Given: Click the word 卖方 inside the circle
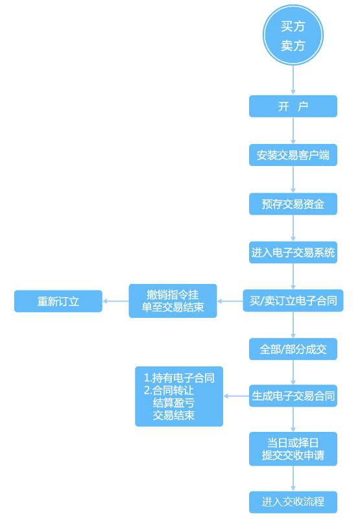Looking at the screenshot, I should pyautogui.click(x=293, y=46).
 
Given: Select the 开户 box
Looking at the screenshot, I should pyautogui.click(x=293, y=106).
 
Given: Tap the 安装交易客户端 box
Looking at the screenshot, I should pyautogui.click(x=293, y=155).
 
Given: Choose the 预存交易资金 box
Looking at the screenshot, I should pyautogui.click(x=293, y=204).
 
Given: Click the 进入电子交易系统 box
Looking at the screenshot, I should pyautogui.click(x=293, y=252).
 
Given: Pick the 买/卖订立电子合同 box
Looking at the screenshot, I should pyautogui.click(x=293, y=300).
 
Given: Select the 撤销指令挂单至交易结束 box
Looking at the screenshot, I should pyautogui.click(x=173, y=301).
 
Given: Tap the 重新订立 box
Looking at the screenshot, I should pyautogui.click(x=58, y=301).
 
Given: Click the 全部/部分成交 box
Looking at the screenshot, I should pyautogui.click(x=293, y=349).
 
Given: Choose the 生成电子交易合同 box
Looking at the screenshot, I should pyautogui.click(x=293, y=396).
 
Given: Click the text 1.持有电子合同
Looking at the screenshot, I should pyautogui.click(x=179, y=377).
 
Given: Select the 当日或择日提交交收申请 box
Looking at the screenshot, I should pyautogui.click(x=293, y=449).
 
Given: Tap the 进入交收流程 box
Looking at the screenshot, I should pyautogui.click(x=293, y=501).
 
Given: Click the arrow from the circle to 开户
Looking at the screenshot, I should pyautogui.click(x=293, y=80).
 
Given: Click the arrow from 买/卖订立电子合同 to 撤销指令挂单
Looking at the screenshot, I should pyautogui.click(x=230, y=301).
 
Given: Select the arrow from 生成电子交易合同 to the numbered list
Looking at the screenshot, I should pyautogui.click(x=236, y=396).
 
